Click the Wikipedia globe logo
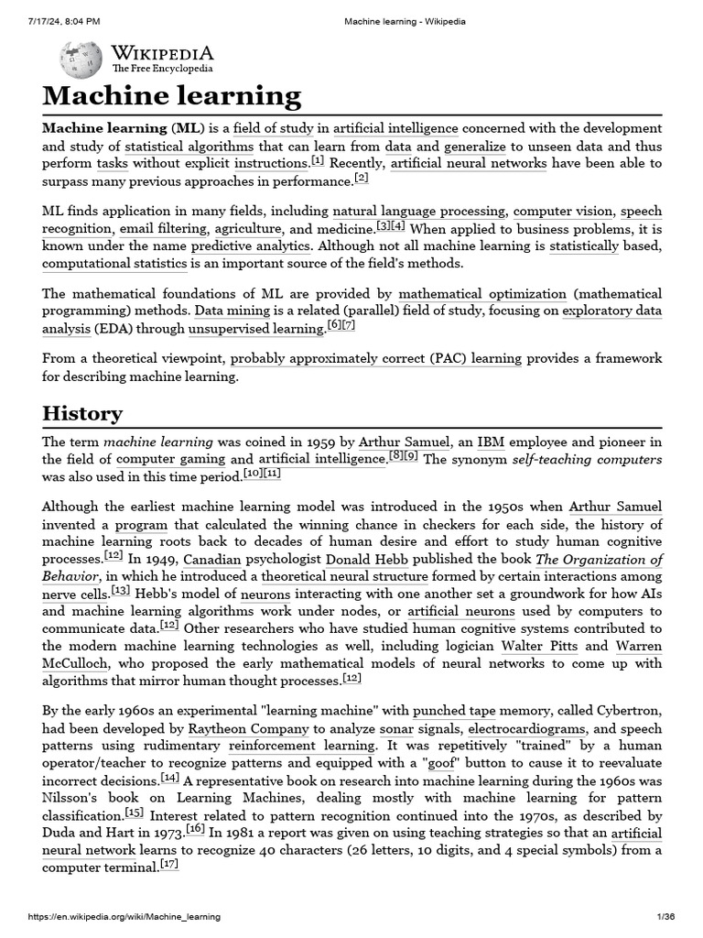(81, 60)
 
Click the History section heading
(81, 413)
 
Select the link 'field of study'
(273, 127)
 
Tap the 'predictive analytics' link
(252, 245)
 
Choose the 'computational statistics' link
(114, 263)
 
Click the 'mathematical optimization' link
(482, 294)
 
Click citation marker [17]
(169, 865)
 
